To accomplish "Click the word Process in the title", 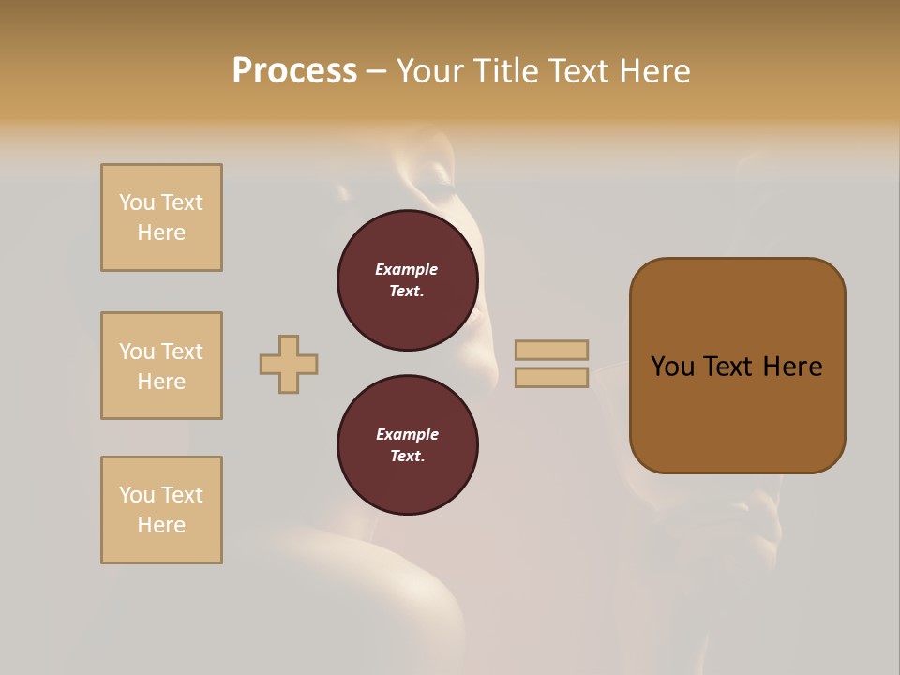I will tap(294, 71).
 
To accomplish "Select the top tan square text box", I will tap(161, 217).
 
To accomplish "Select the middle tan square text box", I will tap(161, 366).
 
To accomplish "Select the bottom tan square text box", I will tap(161, 510).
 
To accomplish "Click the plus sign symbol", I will tap(289, 364).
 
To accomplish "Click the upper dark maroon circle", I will tap(408, 280).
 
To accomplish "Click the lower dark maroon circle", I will tap(408, 445).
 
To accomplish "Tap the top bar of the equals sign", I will tap(551, 350).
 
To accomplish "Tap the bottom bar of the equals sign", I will tap(551, 378).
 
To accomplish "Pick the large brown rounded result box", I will tap(738, 412).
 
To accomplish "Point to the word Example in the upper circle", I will tap(406, 269).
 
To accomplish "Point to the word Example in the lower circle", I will tap(407, 434).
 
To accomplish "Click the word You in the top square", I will tap(137, 202).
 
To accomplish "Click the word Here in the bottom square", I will tap(161, 525).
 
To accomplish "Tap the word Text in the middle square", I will tap(181, 352).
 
